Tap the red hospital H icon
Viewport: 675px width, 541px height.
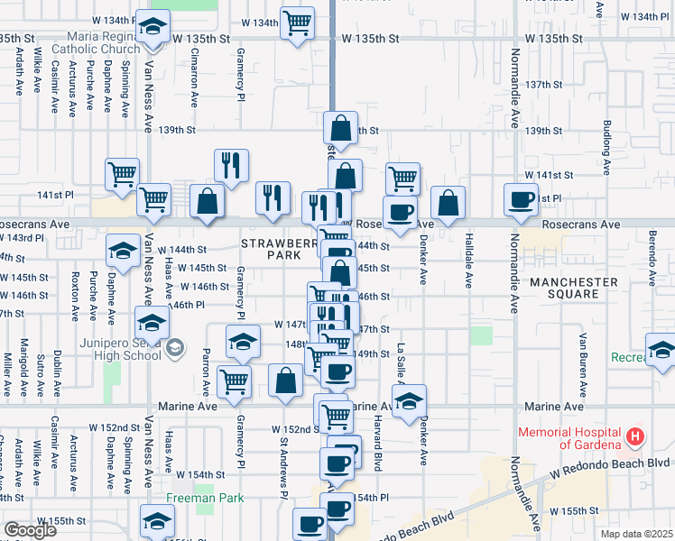point(636,437)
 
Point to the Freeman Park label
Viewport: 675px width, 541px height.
point(205,498)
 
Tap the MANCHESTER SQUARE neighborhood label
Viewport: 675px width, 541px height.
point(574,288)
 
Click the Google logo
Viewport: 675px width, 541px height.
point(30,529)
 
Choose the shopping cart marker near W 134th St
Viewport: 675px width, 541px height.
point(296,23)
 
